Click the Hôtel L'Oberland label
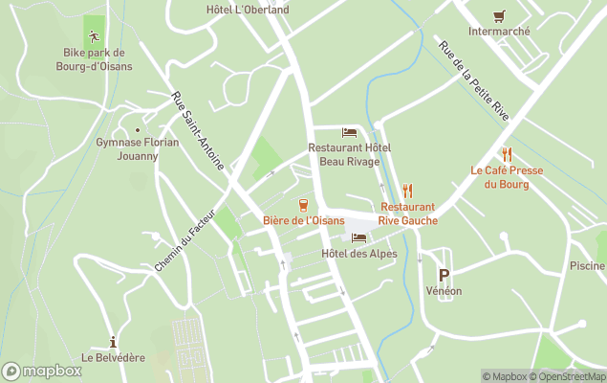pos(248,10)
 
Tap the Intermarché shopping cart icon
pos(499,16)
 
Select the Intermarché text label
pos(499,31)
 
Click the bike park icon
pos(94,37)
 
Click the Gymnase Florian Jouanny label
pos(140,148)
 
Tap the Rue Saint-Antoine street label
pos(198,131)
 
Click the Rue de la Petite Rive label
pos(474,80)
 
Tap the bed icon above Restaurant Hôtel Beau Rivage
pos(350,132)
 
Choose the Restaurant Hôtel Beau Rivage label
pos(350,155)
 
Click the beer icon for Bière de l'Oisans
pos(303,204)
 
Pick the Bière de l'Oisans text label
pos(303,220)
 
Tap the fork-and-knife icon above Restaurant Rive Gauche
pos(408,190)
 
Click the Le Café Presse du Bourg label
pos(507,177)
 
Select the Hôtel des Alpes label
pos(358,254)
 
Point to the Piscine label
pos(587,266)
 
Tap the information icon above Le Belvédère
pos(114,342)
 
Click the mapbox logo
pos(42,371)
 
